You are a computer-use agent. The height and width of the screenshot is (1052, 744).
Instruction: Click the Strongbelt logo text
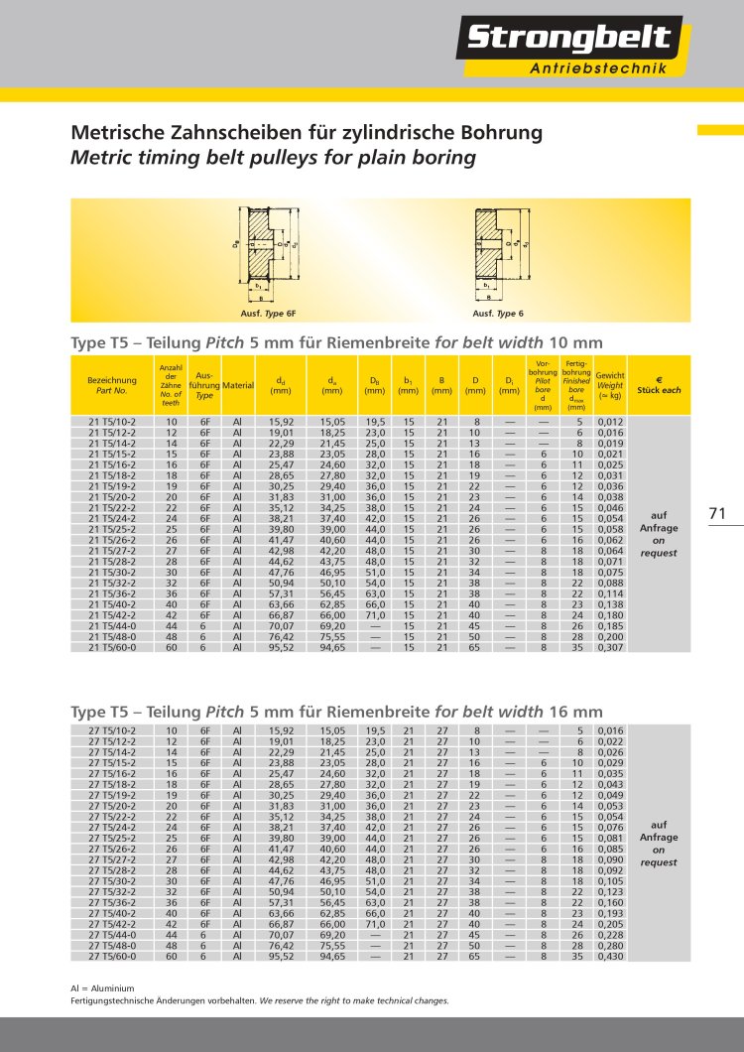[x=568, y=39]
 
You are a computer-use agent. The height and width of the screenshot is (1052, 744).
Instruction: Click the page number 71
[x=719, y=513]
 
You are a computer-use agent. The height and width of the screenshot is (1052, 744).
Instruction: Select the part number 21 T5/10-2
[x=111, y=422]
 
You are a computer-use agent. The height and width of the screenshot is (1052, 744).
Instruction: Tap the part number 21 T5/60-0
[x=111, y=647]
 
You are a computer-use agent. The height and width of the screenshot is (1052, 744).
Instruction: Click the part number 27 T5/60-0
[x=111, y=957]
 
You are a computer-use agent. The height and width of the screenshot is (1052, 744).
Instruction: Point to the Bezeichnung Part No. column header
[x=111, y=385]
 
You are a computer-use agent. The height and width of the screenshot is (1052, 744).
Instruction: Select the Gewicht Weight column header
[x=610, y=385]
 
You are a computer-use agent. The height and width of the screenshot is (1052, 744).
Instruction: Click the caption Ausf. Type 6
[x=497, y=314]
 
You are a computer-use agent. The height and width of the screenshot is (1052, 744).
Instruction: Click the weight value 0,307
[x=611, y=647]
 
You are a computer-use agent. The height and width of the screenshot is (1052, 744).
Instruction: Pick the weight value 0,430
[x=611, y=957]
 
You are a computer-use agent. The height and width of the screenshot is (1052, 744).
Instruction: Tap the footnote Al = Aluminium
[x=102, y=988]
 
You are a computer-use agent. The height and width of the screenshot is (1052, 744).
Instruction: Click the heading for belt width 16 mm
[x=336, y=712]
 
